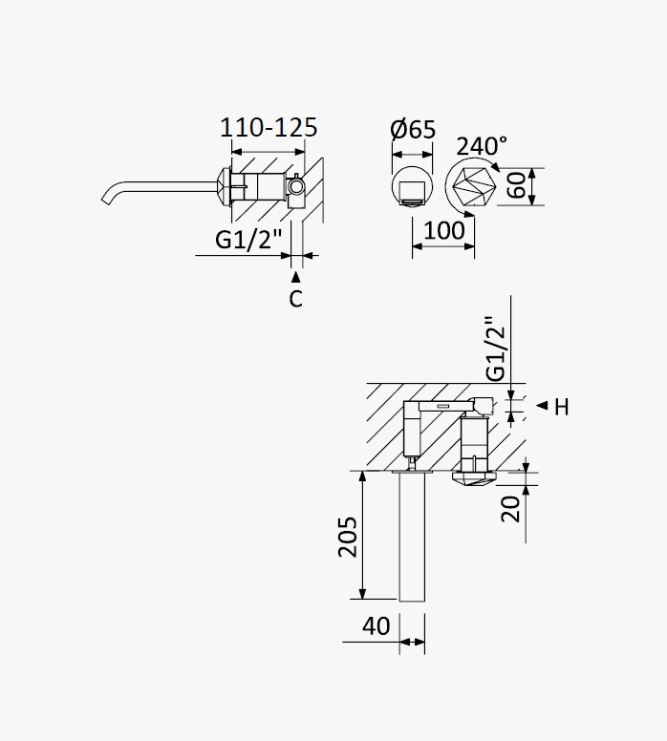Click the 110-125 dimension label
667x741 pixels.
[x=269, y=128]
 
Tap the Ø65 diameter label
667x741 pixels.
[x=413, y=129]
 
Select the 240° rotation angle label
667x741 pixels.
[x=482, y=146]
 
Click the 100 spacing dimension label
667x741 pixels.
[x=444, y=231]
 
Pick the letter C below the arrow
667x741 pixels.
[x=295, y=299]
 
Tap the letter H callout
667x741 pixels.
[x=561, y=407]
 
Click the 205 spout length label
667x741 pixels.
[x=348, y=537]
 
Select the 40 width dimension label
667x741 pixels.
[x=377, y=626]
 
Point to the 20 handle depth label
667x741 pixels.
[x=510, y=509]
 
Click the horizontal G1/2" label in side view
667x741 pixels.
[x=248, y=239]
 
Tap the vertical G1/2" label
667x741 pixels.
[x=496, y=349]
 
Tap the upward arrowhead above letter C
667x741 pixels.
[x=295, y=277]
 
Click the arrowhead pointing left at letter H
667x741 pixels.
[x=542, y=405]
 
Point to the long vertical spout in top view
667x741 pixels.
[x=412, y=537]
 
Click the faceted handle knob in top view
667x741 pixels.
[x=475, y=478]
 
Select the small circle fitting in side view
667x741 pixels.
[x=296, y=187]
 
